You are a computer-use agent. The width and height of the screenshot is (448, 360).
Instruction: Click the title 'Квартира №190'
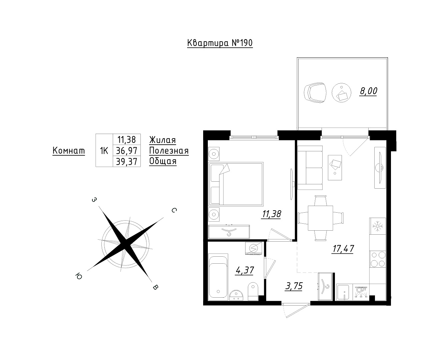(220, 43)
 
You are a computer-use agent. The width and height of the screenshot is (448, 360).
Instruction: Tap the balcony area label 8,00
(368, 91)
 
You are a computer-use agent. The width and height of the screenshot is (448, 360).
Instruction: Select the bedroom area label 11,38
(272, 214)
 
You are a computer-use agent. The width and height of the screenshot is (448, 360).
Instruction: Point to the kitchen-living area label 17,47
(343, 248)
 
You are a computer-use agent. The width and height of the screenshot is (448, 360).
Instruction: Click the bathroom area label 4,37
(245, 270)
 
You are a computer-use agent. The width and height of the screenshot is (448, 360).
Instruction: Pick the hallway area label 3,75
(294, 286)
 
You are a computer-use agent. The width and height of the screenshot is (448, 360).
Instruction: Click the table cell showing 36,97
(126, 150)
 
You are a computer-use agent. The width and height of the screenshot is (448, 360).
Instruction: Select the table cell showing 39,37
(126, 161)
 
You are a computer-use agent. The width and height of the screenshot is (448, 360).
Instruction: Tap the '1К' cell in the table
(104, 150)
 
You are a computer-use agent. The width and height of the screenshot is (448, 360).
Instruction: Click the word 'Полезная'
(169, 151)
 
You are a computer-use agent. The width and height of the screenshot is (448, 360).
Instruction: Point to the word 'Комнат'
(69, 150)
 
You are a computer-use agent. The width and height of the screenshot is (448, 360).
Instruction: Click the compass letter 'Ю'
(79, 276)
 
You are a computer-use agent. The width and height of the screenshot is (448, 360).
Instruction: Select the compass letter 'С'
(174, 210)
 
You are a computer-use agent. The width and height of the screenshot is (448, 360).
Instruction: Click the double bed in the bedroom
(236, 184)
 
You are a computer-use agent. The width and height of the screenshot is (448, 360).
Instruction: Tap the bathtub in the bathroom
(218, 277)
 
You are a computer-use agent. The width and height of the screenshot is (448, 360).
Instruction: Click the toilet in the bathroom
(253, 291)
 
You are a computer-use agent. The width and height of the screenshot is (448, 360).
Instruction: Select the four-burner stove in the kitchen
(378, 259)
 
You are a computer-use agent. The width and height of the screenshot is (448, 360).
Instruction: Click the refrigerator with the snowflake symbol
(378, 226)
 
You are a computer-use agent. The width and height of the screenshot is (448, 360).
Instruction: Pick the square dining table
(320, 218)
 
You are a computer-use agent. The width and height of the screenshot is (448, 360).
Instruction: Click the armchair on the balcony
(315, 93)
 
